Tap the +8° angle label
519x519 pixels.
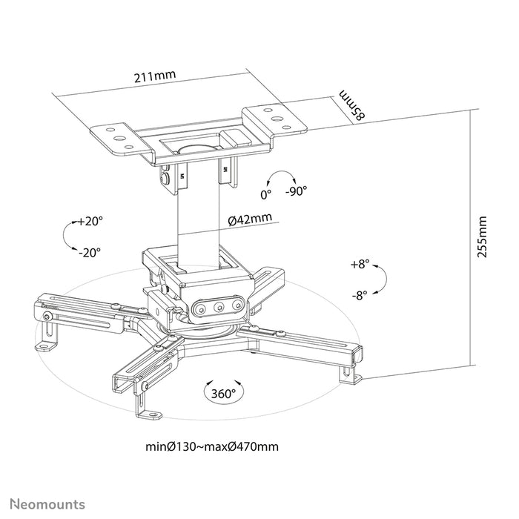click(360, 264)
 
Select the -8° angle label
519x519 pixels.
click(360, 294)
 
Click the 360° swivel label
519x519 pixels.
click(222, 392)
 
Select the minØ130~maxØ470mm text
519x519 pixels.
click(213, 447)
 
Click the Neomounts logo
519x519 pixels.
click(47, 504)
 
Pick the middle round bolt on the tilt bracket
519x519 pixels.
click(219, 305)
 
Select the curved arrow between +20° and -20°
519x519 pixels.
click(67, 237)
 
